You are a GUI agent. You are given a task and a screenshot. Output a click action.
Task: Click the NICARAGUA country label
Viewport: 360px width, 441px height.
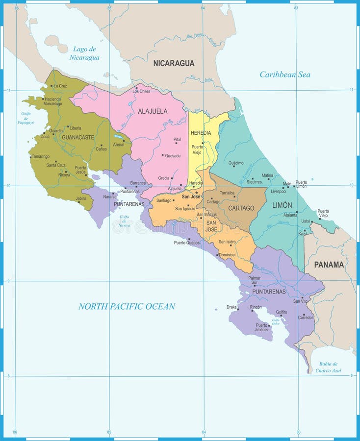(174, 63)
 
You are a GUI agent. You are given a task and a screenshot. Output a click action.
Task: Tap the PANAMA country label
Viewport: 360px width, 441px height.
(329, 265)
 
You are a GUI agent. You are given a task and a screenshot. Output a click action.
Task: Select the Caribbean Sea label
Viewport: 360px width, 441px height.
(284, 75)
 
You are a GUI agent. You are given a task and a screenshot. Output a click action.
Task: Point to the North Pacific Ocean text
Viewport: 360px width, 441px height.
(127, 306)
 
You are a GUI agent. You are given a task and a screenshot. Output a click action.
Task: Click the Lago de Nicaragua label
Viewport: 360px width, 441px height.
(86, 53)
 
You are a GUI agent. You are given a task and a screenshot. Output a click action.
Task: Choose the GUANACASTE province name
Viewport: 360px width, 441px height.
(77, 138)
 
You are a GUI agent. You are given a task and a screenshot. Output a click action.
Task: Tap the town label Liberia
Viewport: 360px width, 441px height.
(75, 127)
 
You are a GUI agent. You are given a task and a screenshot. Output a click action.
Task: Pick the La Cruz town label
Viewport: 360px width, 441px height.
(60, 86)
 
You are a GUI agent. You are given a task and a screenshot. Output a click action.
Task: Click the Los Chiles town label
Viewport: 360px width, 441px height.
(141, 91)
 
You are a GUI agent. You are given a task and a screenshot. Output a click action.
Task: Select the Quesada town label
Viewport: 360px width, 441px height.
(172, 156)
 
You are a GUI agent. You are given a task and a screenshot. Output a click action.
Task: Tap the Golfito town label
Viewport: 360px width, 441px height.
(282, 312)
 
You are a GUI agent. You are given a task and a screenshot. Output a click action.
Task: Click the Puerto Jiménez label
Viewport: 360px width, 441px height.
(261, 327)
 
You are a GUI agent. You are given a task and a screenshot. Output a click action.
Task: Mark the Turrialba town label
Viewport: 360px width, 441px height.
(227, 193)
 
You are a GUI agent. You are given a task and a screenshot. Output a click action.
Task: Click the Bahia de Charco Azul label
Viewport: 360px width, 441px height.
(328, 367)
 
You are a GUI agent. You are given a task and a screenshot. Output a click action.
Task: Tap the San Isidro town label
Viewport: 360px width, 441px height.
(227, 242)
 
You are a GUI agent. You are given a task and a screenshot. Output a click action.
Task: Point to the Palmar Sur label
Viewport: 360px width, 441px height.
(254, 280)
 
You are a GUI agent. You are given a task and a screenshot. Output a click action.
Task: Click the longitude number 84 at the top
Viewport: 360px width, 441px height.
(203, 8)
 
